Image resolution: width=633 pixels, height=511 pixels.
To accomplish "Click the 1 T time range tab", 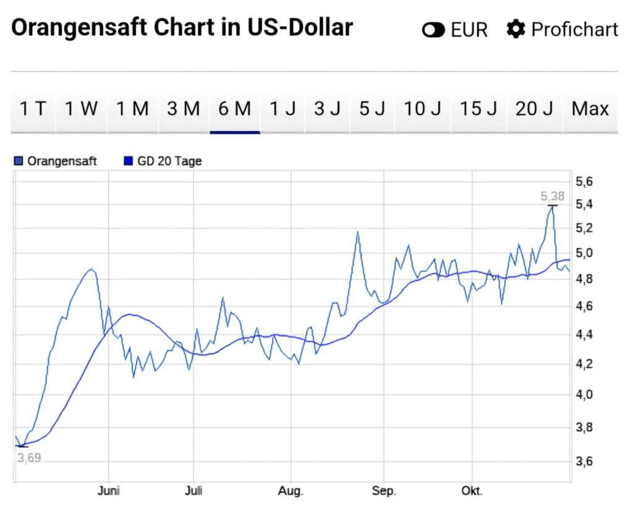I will [x=33, y=109].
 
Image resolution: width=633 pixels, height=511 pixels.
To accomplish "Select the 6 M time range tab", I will [x=235, y=109].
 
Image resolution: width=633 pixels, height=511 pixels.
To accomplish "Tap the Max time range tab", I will [x=590, y=109].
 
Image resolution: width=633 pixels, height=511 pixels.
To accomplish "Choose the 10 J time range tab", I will [x=423, y=109].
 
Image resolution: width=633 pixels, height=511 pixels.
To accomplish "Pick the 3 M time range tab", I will [x=184, y=109].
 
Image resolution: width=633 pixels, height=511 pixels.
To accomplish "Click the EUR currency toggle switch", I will [x=434, y=30].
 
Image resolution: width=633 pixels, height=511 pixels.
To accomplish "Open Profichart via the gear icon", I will [x=516, y=29].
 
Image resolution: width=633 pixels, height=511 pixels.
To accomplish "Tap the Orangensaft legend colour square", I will [x=18, y=161].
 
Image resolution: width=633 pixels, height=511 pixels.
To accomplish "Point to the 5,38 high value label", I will [x=553, y=197].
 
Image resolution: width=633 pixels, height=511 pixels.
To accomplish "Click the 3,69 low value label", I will [x=28, y=458].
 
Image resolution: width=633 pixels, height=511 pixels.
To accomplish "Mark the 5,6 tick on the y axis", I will [x=584, y=182].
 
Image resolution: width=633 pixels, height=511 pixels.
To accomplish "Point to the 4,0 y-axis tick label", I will [x=584, y=395].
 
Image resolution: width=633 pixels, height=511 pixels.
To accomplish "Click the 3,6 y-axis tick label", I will [x=584, y=462].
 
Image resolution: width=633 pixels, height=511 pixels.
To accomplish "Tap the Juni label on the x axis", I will [x=108, y=492].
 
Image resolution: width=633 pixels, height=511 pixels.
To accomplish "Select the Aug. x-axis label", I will [x=291, y=492].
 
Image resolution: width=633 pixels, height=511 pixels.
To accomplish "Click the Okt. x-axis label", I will [x=472, y=492].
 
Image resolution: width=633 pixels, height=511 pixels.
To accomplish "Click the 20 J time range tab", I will [x=534, y=109].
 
